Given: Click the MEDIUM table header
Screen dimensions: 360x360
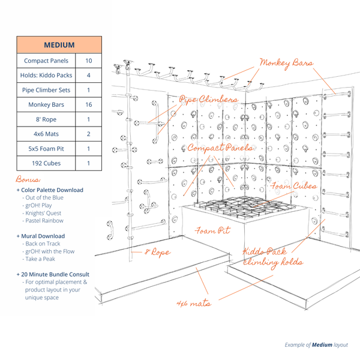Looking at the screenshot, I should [59, 45].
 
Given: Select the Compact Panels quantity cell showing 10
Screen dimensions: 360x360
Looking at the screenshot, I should [88, 61].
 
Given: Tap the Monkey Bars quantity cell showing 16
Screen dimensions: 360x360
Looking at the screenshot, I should [88, 104].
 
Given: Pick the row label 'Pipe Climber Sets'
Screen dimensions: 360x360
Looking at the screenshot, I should [46, 90].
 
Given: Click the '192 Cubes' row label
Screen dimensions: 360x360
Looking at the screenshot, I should [46, 163].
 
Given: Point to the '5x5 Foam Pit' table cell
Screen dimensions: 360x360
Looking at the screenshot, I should [46, 148].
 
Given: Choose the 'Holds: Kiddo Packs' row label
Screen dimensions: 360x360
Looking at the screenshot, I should [46, 76].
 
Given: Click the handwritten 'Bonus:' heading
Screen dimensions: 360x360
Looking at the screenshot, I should [28, 179].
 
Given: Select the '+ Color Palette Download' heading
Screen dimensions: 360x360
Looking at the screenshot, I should [50, 190].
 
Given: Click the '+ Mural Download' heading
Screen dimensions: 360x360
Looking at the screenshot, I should [41, 236].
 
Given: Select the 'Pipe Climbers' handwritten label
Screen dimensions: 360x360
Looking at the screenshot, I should [209, 100].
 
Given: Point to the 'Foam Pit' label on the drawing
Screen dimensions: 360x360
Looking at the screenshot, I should [213, 230].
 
